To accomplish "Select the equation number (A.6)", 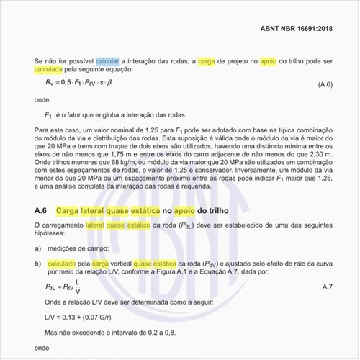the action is click(325, 84).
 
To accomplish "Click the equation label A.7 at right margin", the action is click(326, 287).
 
